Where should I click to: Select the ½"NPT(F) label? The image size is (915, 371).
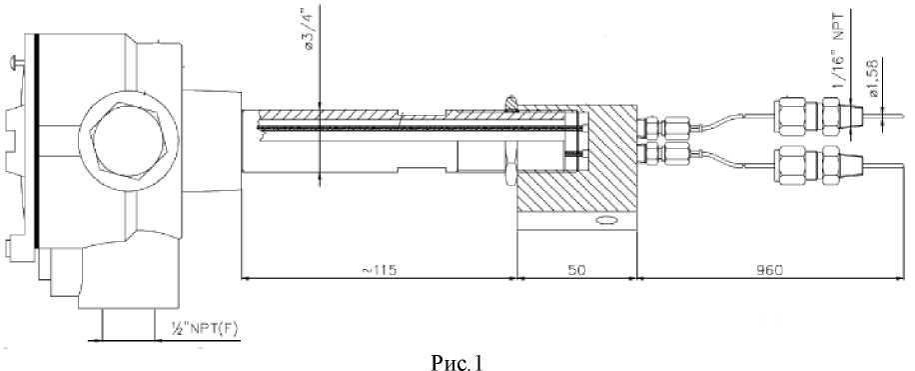(204, 330)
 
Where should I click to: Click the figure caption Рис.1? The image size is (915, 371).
(457, 362)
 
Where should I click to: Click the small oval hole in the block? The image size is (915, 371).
(605, 221)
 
